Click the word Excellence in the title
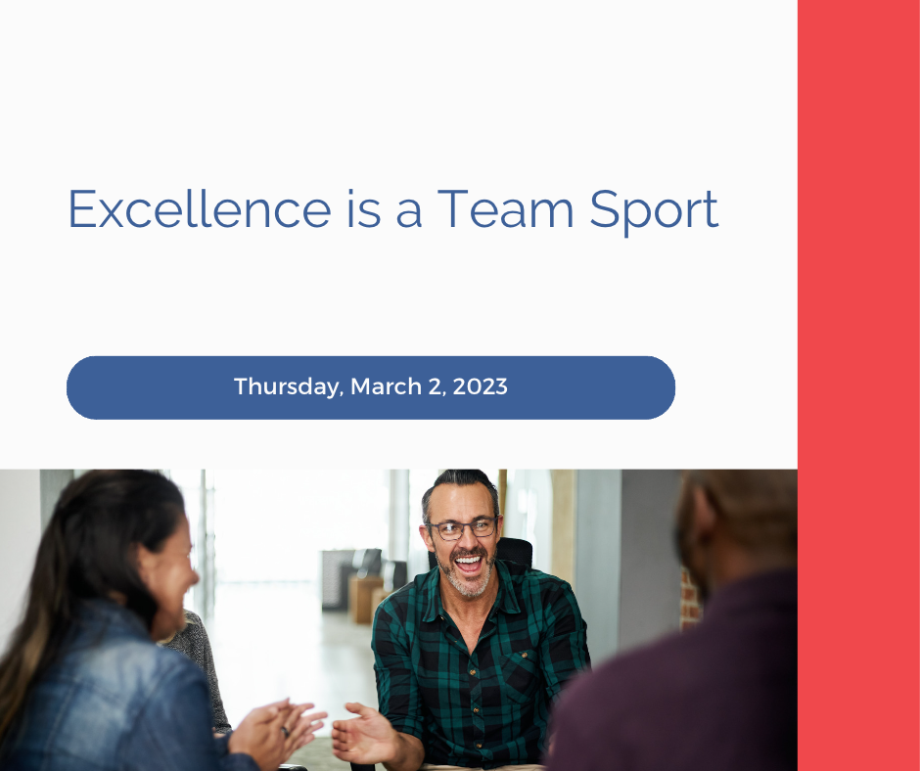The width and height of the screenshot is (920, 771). pyautogui.click(x=200, y=209)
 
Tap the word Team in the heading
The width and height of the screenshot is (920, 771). pyautogui.click(x=506, y=209)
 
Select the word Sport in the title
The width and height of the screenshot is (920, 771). pyautogui.click(x=654, y=212)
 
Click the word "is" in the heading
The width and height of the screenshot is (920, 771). pyautogui.click(x=364, y=209)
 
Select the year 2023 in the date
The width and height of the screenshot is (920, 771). pyautogui.click(x=480, y=386)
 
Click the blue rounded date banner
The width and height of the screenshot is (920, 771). pyautogui.click(x=371, y=387)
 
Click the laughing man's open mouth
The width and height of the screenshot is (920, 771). pyautogui.click(x=468, y=566)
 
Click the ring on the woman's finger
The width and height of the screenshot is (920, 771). pyautogui.click(x=285, y=731)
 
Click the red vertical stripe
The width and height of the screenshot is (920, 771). pyautogui.click(x=858, y=385)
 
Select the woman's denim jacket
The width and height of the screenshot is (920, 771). pyautogui.click(x=112, y=693)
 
